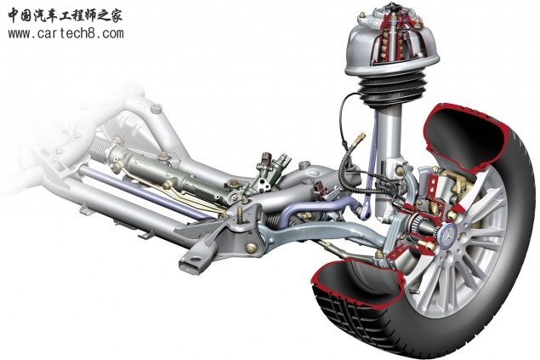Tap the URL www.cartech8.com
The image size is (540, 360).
click(x=65, y=34)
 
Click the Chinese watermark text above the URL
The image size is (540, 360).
click(x=65, y=15)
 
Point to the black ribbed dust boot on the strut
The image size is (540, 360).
click(x=393, y=89)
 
